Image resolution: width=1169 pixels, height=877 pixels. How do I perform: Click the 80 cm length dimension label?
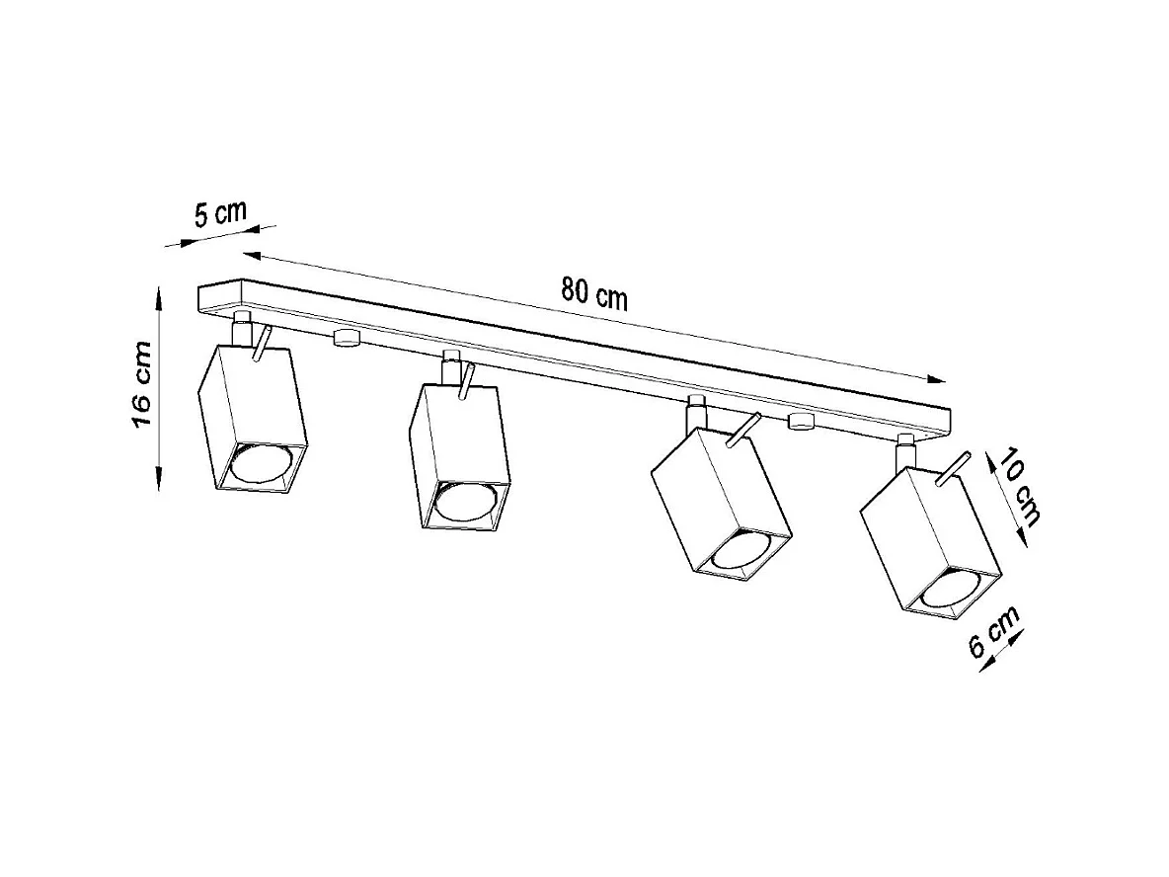[594, 292]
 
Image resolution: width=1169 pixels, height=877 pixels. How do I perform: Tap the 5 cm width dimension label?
[219, 214]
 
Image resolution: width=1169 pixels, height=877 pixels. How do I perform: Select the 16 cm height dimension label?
[141, 388]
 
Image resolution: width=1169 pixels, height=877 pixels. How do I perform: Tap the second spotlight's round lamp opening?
[467, 504]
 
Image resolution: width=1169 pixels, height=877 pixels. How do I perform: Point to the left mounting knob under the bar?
[346, 339]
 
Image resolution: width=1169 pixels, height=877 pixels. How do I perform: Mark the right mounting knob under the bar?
[801, 423]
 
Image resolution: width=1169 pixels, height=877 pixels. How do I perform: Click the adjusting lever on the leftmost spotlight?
[260, 345]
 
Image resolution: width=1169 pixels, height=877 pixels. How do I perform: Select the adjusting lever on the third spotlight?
[742, 429]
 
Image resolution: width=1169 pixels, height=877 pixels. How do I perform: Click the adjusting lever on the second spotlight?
[466, 382]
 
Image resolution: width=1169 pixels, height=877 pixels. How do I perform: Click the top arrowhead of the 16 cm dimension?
[159, 294]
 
